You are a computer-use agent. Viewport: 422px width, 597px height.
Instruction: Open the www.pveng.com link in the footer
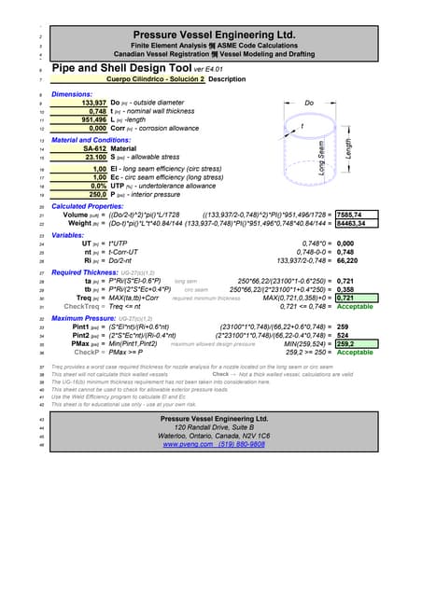click(x=190, y=445)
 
